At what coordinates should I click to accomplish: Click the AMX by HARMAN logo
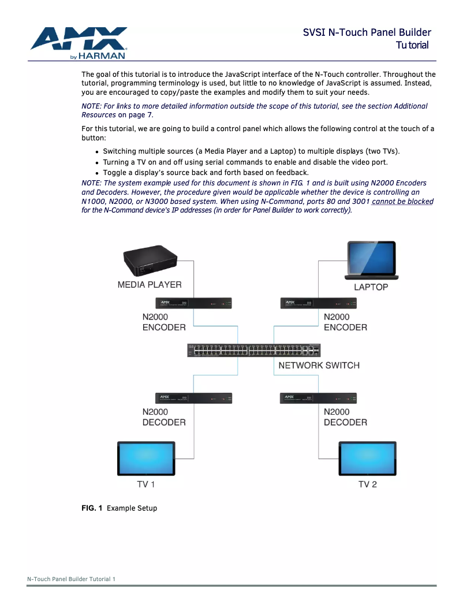click(x=79, y=43)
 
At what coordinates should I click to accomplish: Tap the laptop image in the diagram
click(x=371, y=261)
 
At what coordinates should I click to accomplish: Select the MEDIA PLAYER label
click(x=150, y=284)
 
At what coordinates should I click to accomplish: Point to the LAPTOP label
click(x=371, y=287)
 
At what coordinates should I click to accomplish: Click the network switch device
click(x=254, y=349)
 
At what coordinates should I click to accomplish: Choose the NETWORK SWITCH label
click(x=319, y=365)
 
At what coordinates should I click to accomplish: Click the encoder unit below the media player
click(x=194, y=303)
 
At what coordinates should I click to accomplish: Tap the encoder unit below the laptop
click(x=318, y=303)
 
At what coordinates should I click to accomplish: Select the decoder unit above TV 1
click(x=194, y=398)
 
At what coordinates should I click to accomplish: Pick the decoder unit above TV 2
click(x=318, y=398)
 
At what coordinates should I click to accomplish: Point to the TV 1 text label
click(x=146, y=484)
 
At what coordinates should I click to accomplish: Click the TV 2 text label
click(x=368, y=484)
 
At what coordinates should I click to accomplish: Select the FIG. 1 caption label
click(x=92, y=508)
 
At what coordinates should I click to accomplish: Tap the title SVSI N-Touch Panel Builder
click(x=367, y=32)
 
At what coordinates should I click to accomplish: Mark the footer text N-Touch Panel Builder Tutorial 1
click(x=72, y=579)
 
